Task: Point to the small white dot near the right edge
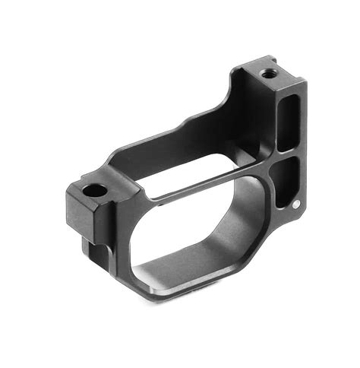295,203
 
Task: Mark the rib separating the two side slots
287,151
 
